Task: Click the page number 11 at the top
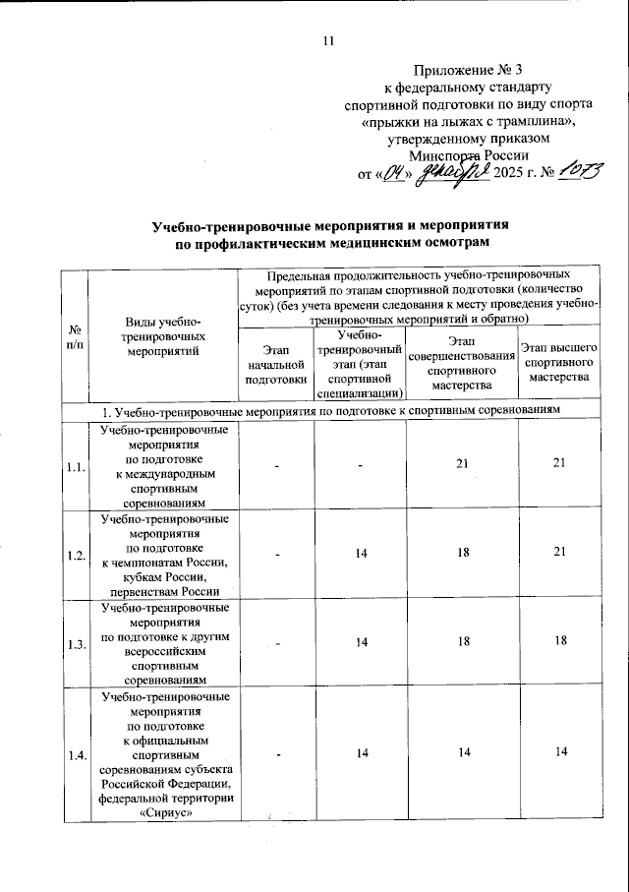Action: click(328, 40)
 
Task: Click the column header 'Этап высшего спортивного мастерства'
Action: click(558, 363)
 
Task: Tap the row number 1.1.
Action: click(75, 467)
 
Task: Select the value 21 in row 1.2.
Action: click(559, 555)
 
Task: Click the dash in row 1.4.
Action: click(277, 753)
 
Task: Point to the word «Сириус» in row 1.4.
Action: click(158, 812)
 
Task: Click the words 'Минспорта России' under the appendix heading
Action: click(470, 155)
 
